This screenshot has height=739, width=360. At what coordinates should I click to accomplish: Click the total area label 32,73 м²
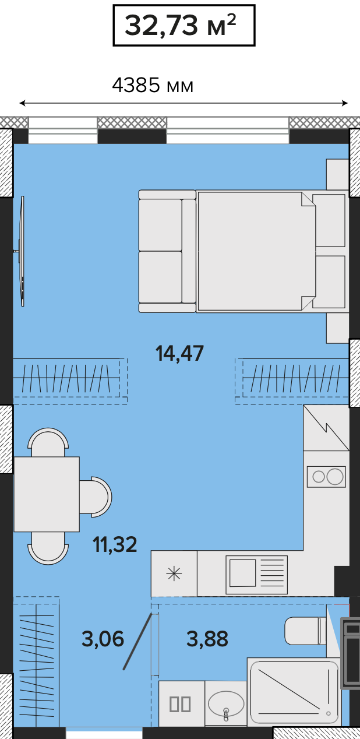point(181,26)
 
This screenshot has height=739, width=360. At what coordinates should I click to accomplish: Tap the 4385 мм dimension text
point(153,86)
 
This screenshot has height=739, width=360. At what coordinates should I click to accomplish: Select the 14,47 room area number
point(179,353)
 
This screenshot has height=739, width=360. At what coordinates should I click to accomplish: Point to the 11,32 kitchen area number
point(115,544)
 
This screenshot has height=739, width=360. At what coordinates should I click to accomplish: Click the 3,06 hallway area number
point(103,638)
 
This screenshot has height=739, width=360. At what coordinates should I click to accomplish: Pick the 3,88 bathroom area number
point(207,638)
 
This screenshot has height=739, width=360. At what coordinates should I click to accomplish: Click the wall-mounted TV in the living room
point(21,251)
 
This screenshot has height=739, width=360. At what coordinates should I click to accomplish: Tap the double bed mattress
point(256,251)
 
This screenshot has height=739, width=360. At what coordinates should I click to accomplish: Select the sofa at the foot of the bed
point(167,251)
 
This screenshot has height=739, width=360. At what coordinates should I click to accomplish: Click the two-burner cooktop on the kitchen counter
point(326,477)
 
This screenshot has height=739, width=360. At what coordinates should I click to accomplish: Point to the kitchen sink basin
point(243,573)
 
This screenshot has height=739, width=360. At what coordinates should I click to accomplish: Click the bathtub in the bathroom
point(294,691)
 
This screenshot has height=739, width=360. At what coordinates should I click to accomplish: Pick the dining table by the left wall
point(47,494)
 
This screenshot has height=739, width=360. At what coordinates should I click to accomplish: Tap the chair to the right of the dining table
point(96,497)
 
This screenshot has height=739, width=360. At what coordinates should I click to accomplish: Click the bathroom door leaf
point(138,641)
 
